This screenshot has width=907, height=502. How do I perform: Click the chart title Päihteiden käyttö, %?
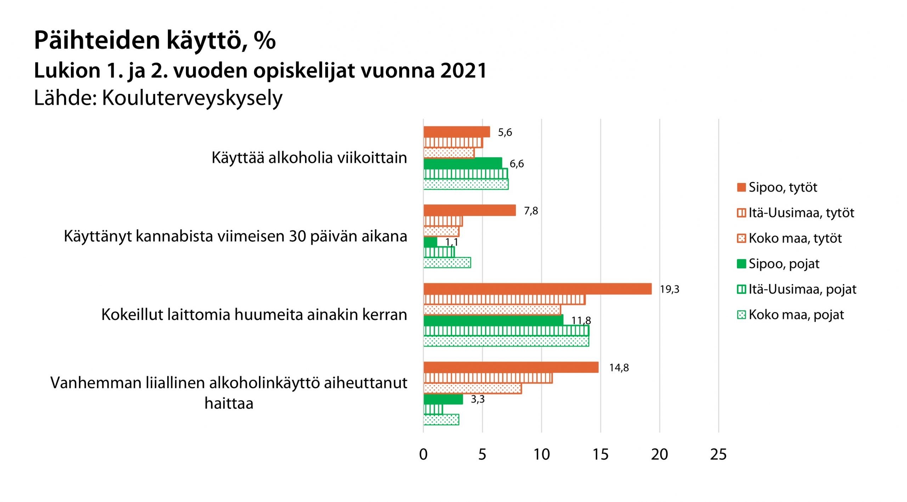pyautogui.click(x=154, y=40)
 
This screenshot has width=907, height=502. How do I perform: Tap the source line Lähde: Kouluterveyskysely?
pyautogui.click(x=158, y=98)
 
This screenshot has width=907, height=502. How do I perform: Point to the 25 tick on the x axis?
pyautogui.click(x=718, y=455)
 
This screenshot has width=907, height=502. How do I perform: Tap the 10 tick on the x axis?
pyautogui.click(x=541, y=455)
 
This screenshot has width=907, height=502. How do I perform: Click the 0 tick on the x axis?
pyautogui.click(x=423, y=455)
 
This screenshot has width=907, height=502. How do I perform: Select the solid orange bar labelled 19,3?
pyautogui.click(x=537, y=289)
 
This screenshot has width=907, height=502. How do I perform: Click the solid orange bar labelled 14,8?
pyautogui.click(x=511, y=367)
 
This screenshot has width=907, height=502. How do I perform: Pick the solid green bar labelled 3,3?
pyautogui.click(x=443, y=399)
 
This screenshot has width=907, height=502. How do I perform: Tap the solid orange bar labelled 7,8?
pyautogui.click(x=469, y=211)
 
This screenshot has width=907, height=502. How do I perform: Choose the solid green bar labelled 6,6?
pyautogui.click(x=463, y=163)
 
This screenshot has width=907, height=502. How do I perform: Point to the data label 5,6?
pyautogui.click(x=505, y=132)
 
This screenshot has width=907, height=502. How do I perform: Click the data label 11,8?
pyautogui.click(x=581, y=320)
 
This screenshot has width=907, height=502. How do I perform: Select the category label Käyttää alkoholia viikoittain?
pyautogui.click(x=309, y=158)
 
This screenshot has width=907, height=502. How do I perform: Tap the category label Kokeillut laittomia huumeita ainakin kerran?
pyautogui.click(x=254, y=315)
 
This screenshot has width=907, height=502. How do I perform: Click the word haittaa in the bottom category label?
pyautogui.click(x=229, y=404)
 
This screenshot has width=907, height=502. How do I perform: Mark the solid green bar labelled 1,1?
pyautogui.click(x=430, y=242)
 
